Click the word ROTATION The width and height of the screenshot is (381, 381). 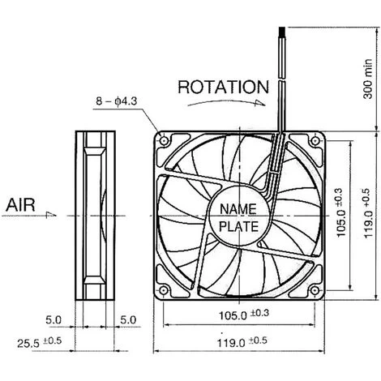tap(222, 86)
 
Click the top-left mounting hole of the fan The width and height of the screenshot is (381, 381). tap(165, 142)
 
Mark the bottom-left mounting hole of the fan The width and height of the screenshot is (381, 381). tap(165, 290)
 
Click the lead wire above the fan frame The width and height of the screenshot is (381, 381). tap(281, 81)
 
